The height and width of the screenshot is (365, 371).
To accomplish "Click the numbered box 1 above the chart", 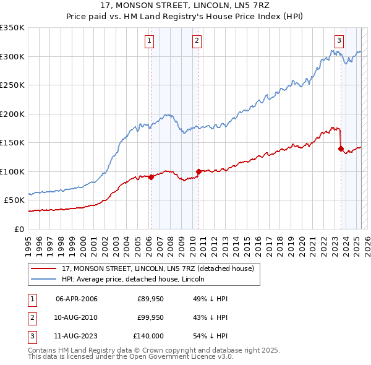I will (x=150, y=41).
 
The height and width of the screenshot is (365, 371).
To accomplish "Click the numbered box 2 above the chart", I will (x=197, y=41).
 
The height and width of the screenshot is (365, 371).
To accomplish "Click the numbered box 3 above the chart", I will (x=339, y=41).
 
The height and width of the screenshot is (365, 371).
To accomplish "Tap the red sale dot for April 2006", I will (x=151, y=177).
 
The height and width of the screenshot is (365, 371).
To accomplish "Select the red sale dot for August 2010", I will (x=198, y=171).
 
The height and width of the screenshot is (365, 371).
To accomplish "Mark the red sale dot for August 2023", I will (x=341, y=148).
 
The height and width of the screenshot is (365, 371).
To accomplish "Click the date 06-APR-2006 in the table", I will (x=77, y=299).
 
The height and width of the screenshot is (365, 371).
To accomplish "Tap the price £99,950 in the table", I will (x=150, y=317).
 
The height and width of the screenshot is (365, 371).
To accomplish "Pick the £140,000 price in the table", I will (x=148, y=336).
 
